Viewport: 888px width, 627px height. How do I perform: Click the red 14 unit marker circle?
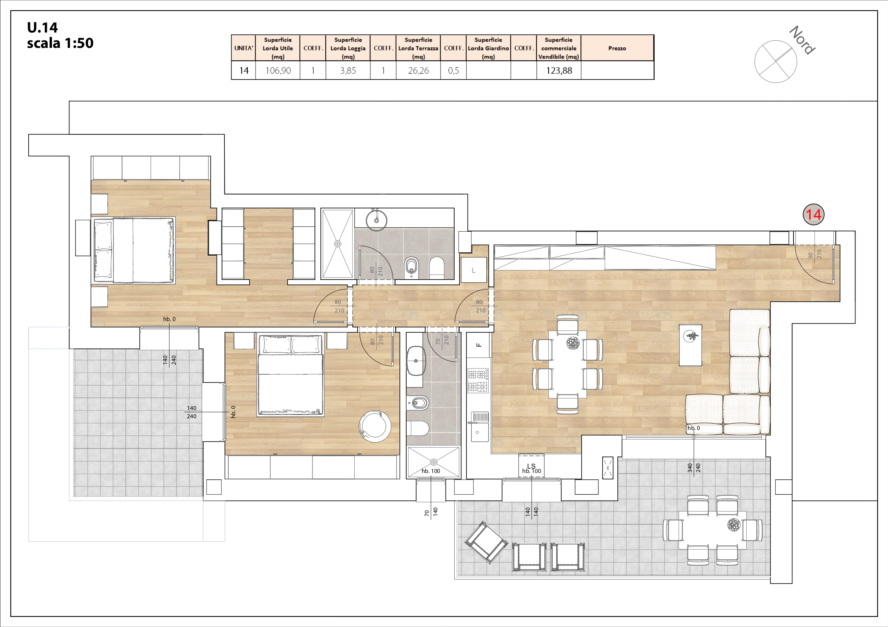813,214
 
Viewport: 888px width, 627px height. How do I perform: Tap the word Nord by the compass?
802,40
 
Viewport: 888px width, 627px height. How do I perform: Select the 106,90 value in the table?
278,71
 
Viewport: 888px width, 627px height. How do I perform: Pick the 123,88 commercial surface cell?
559,71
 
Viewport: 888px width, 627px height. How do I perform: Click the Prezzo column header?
617,48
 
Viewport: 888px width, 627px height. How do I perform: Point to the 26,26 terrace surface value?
418,71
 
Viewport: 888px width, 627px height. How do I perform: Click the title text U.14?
42,28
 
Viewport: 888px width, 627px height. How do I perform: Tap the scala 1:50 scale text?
60,43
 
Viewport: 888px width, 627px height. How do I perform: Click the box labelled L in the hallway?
474,270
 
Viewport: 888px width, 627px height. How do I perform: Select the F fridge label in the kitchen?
479,345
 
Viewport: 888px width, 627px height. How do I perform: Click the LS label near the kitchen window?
532,466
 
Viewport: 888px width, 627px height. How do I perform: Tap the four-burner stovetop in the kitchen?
478,381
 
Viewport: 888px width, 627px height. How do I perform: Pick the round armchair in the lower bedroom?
375,426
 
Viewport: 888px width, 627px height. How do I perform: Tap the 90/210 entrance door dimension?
815,254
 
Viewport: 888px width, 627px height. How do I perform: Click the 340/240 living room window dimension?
694,468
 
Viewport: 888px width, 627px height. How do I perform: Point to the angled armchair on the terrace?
486,542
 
